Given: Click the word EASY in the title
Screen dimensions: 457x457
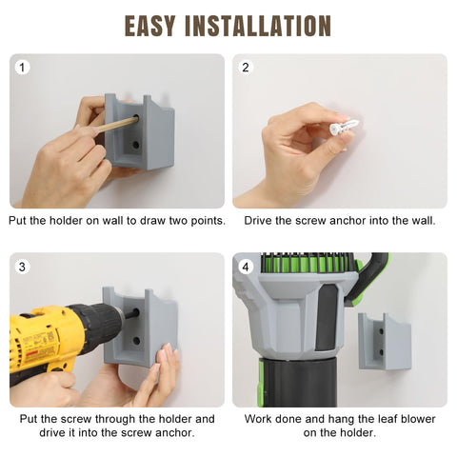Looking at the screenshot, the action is point(149,26).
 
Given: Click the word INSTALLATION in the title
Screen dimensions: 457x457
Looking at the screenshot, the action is point(258,26).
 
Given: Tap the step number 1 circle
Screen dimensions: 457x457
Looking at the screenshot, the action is point(22,68).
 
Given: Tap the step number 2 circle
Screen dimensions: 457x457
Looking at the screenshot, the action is point(246,68).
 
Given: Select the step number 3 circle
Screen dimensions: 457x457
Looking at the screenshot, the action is point(22,267).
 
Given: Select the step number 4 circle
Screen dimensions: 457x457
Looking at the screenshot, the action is point(246,268).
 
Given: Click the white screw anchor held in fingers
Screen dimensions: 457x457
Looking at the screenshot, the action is point(344,126).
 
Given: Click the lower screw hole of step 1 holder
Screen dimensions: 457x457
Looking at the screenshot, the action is point(136,146).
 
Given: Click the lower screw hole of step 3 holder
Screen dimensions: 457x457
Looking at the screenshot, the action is point(136,341).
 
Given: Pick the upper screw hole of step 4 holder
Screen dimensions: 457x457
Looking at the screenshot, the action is point(381,331).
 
